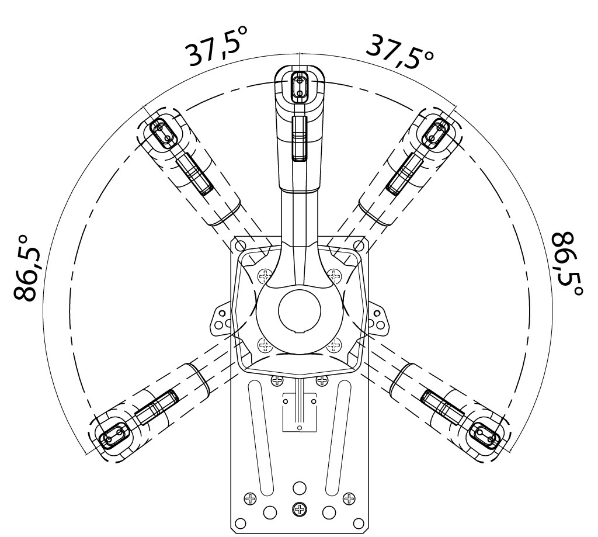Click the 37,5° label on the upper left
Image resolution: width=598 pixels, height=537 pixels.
pyautogui.click(x=217, y=46)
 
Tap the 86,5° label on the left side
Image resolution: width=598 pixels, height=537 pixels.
pyautogui.click(x=27, y=268)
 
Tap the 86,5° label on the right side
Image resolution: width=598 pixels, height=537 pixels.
pyautogui.click(x=568, y=264)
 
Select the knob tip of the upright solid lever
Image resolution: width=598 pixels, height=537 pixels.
pyautogui.click(x=300, y=87)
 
